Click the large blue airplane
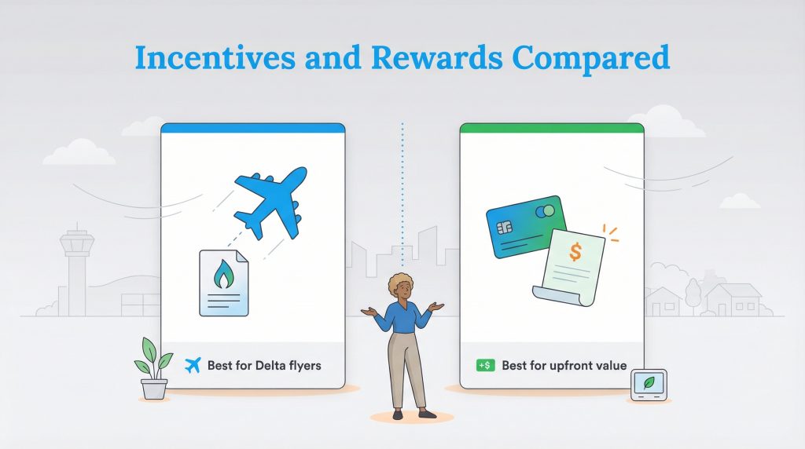click(x=270, y=201)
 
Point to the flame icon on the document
click(x=223, y=276)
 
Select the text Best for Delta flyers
click(x=264, y=366)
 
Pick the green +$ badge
click(x=485, y=366)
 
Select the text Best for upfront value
click(x=564, y=366)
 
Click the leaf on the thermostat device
click(x=648, y=383)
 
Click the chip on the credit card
click(x=505, y=228)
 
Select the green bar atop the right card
click(x=551, y=127)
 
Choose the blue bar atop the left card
click(x=252, y=127)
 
